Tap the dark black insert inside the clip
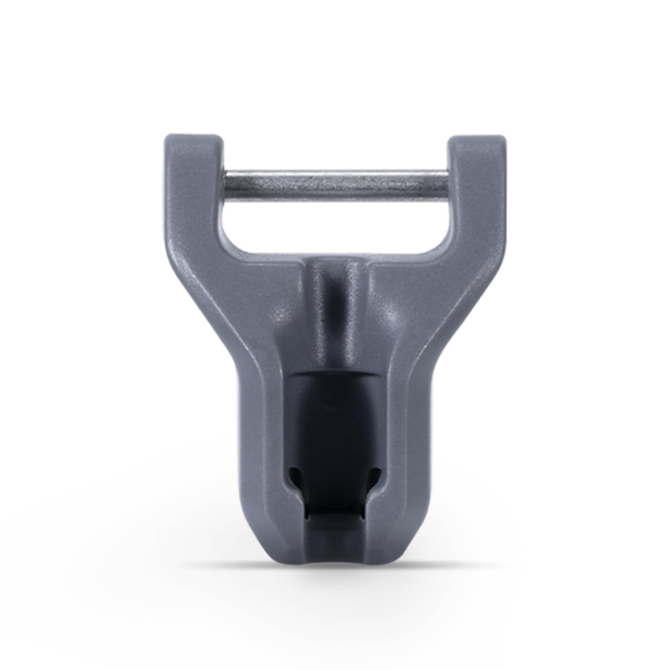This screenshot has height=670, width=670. click(335, 421)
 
